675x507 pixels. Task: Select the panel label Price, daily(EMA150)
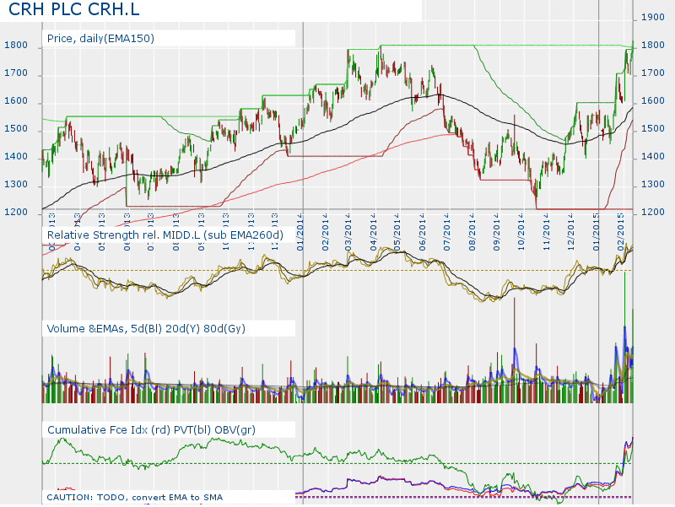pos(100,38)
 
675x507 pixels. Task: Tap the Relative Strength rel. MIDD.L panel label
pos(165,234)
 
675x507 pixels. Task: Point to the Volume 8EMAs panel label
pos(146,328)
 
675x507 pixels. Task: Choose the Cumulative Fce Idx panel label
pos(151,430)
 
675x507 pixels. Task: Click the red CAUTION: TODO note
pos(135,498)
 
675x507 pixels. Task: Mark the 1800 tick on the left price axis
pos(17,46)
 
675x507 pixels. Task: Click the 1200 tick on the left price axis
pos(17,213)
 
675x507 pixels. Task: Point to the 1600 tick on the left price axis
pos(17,102)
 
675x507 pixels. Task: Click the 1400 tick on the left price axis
pos(17,157)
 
